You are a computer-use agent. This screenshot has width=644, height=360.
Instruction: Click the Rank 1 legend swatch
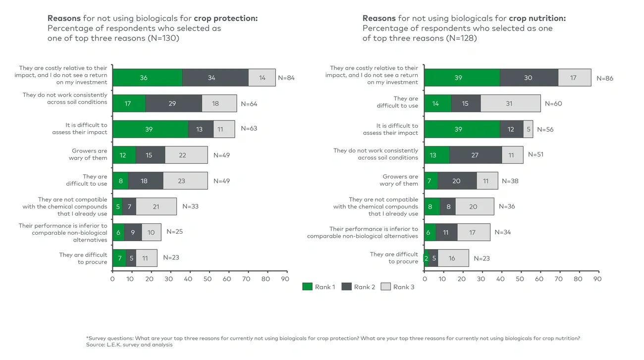(307, 287)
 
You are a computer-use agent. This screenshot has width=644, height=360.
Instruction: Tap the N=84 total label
(286, 78)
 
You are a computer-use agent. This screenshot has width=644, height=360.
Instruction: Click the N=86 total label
(605, 78)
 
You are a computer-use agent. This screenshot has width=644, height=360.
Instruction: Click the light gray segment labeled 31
(510, 103)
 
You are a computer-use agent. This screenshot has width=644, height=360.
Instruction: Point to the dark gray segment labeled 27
(476, 155)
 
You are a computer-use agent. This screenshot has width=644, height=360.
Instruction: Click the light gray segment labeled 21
(156, 206)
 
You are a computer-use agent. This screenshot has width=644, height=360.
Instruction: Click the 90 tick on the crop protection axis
(285, 279)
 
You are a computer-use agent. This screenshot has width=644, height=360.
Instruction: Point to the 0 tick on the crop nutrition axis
(425, 279)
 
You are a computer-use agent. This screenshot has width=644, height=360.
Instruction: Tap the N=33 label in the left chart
(190, 206)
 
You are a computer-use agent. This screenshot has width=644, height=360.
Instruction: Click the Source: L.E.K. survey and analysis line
(129, 345)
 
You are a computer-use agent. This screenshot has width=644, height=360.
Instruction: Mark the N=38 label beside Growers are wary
(510, 181)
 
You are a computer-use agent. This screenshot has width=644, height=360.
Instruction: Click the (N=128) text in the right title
(461, 38)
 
